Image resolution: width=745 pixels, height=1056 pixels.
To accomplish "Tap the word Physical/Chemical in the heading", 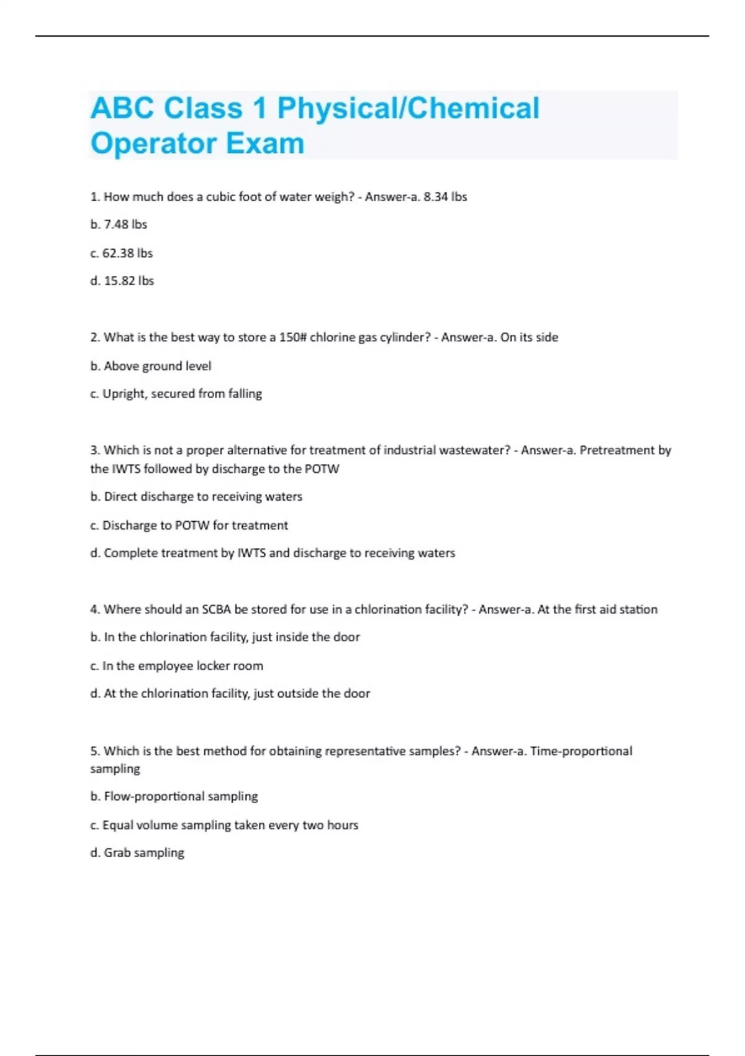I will click(x=409, y=108).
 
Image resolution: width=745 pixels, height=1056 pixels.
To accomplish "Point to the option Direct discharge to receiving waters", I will click(x=196, y=496).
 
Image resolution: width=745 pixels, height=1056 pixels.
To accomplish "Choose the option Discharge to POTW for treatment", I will click(x=189, y=526).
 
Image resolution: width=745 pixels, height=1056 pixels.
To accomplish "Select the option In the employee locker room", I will click(x=176, y=666).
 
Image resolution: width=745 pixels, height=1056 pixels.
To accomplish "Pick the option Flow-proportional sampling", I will click(x=174, y=796).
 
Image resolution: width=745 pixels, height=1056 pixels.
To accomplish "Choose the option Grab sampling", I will click(x=137, y=853).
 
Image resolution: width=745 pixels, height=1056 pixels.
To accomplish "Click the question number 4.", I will click(x=94, y=609).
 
